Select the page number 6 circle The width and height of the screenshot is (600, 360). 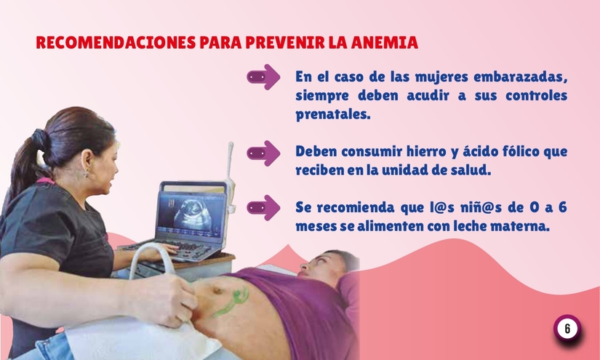tap(567, 328)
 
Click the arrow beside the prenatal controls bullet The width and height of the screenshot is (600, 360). tap(263, 76)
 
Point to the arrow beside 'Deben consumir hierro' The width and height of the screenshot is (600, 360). tap(263, 153)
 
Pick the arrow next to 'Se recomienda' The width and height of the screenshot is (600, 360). tap(263, 207)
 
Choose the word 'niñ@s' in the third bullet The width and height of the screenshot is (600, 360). tap(448, 207)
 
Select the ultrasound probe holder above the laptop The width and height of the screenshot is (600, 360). tap(230, 160)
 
